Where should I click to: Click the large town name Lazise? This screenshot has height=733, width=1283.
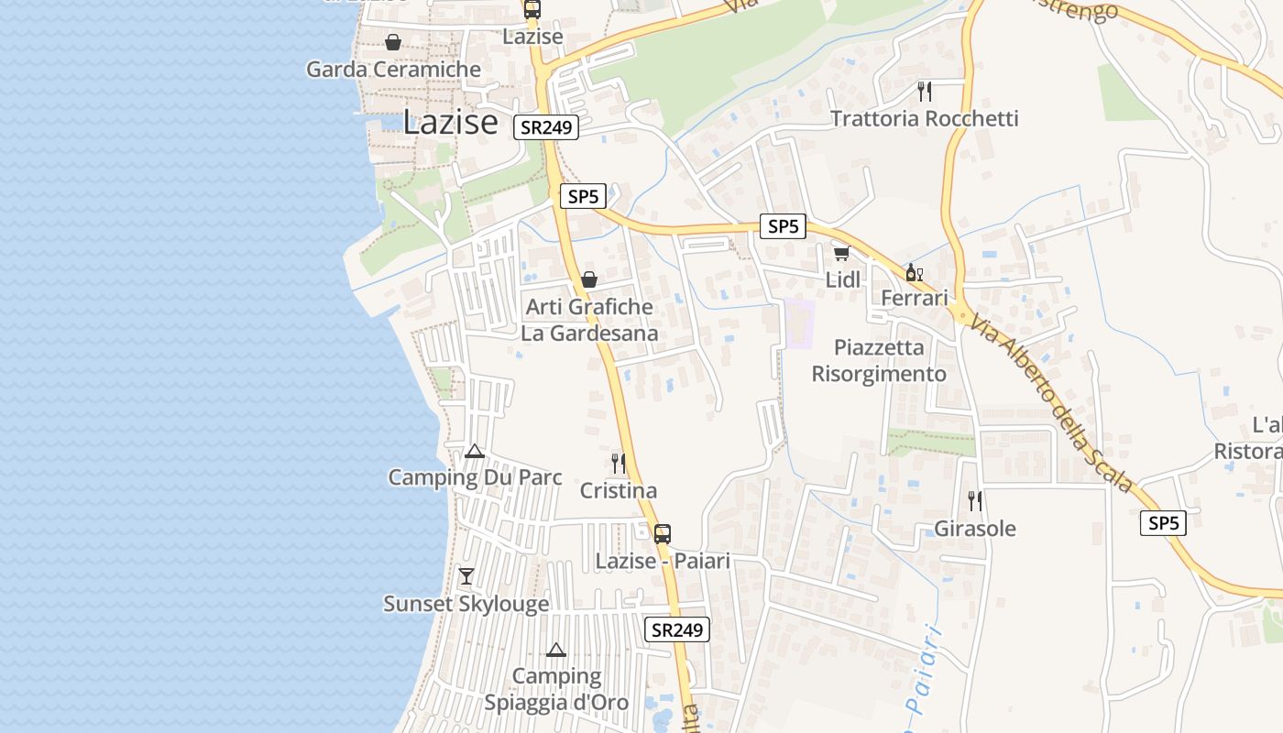click(x=450, y=122)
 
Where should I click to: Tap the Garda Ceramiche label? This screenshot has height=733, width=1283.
click(x=393, y=70)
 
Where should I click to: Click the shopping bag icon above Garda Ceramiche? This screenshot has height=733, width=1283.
click(x=393, y=42)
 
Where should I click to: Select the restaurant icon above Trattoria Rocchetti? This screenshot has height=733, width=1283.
click(x=925, y=91)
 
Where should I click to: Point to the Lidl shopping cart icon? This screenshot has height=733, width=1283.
click(x=841, y=253)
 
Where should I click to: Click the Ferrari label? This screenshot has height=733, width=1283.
click(x=914, y=298)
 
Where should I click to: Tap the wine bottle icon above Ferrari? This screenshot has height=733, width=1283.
click(x=914, y=272)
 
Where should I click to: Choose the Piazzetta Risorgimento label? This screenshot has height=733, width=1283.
click(x=879, y=361)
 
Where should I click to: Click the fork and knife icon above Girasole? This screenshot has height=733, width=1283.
click(x=975, y=501)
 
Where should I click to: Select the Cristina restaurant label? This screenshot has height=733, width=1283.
click(x=619, y=490)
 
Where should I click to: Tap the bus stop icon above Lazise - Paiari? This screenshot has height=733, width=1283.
click(x=663, y=533)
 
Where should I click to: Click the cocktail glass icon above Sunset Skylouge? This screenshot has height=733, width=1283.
click(x=466, y=576)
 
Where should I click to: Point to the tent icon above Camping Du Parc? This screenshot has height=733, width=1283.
click(x=474, y=451)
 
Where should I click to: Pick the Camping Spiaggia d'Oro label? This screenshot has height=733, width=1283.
click(x=556, y=689)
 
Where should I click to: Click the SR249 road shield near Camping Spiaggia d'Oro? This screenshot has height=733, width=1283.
click(x=678, y=629)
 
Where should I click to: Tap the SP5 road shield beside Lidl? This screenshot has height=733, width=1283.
click(x=783, y=226)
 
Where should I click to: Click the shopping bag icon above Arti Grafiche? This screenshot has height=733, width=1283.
click(x=589, y=279)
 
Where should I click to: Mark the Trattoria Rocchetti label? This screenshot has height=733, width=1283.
click(x=924, y=118)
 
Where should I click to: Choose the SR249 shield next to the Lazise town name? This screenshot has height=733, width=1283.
click(x=547, y=127)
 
